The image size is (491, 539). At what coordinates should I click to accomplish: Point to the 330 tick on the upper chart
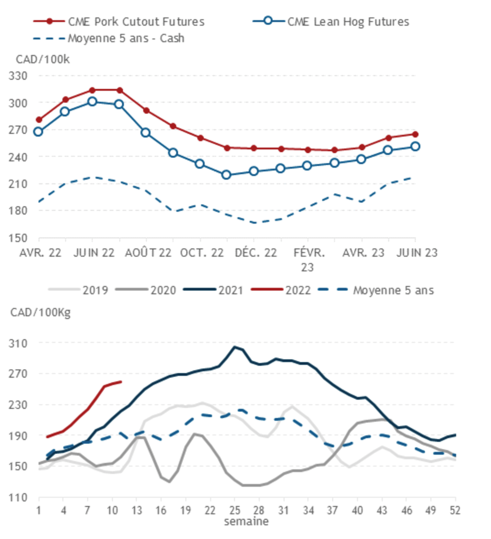(19, 76)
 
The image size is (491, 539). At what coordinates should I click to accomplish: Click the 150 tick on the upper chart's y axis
(19, 238)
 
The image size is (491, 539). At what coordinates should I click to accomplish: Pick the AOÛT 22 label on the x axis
(148, 253)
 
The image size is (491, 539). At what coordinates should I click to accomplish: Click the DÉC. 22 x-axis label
(256, 253)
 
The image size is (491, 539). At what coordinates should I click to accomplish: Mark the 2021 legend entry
(231, 290)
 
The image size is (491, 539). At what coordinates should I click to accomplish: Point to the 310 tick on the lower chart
(19, 343)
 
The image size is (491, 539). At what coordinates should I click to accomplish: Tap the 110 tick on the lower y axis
(19, 497)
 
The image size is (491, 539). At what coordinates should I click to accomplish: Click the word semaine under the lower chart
(246, 521)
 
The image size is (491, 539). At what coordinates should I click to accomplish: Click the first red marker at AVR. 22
(39, 120)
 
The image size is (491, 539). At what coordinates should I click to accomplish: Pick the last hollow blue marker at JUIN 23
(415, 147)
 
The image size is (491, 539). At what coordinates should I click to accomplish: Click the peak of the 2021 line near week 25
(234, 347)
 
